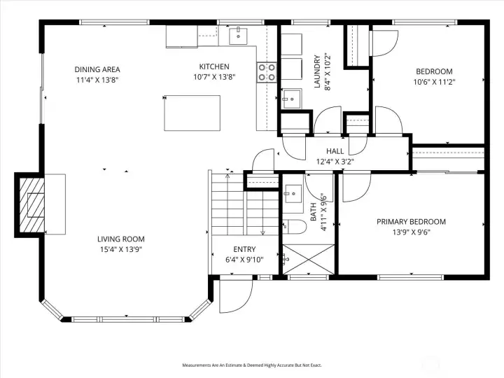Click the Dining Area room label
click(97, 69)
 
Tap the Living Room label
click(121, 239)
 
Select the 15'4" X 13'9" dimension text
click(121, 250)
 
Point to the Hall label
click(335, 151)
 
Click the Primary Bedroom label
click(411, 222)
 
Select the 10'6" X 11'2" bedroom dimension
click(434, 82)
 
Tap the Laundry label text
click(316, 72)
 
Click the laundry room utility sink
click(289, 99)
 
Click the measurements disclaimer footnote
click(252, 365)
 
